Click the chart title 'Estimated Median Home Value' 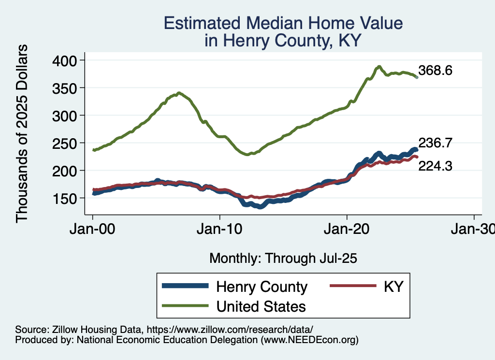[283, 23]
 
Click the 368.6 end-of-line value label [436, 71]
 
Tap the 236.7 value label [436, 143]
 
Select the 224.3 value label [436, 166]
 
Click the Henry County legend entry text [262, 287]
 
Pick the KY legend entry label [393, 287]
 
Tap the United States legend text [261, 306]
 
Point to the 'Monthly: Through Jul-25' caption [283, 259]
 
